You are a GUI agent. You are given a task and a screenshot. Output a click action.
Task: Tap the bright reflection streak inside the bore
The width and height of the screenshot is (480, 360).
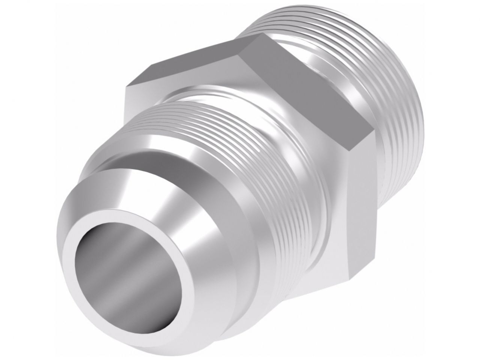pyautogui.click(x=112, y=262)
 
